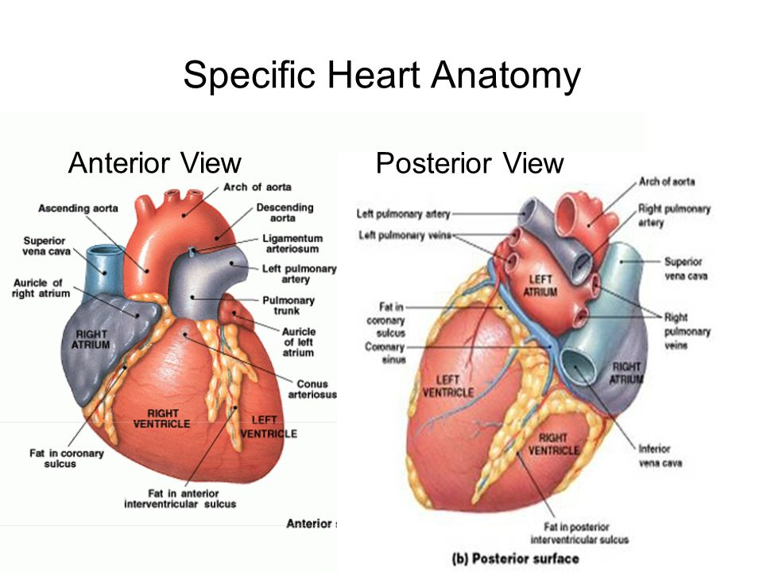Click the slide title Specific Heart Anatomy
381,76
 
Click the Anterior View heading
155,163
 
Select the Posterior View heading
469,163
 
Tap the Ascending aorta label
78,209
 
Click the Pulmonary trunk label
288,306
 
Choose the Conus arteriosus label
316,389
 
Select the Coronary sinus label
385,353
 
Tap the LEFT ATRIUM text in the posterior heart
541,286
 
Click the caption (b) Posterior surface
515,559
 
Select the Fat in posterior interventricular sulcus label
586,533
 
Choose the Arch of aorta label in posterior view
666,182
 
